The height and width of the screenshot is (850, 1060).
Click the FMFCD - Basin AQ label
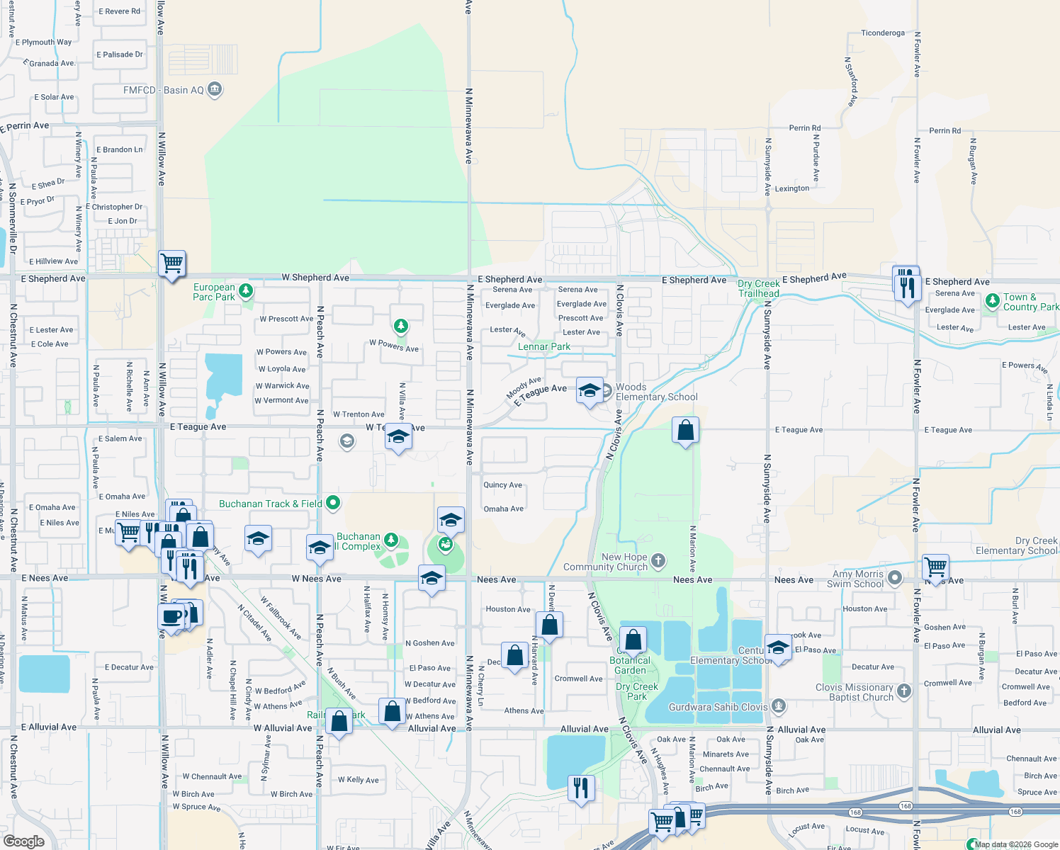pos(164,90)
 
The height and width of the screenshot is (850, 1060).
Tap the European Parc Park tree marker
pos(246,290)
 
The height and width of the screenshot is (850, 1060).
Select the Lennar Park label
pos(543,346)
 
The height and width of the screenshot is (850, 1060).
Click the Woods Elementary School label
pos(656,392)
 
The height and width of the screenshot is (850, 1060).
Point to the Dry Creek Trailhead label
pos(758,288)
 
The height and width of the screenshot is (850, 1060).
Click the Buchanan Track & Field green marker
pos(332,504)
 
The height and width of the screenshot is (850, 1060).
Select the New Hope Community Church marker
pos(658,562)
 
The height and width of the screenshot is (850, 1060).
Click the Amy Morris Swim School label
pos(857,579)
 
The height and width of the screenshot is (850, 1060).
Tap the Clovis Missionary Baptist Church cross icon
pos(903,691)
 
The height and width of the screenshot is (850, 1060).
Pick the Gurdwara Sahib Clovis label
pos(718,707)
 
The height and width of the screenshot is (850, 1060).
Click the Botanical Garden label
pos(630,665)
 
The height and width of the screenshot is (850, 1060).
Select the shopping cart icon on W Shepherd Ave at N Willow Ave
pos(172,264)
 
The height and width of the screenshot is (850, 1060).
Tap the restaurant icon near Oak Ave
pos(580,787)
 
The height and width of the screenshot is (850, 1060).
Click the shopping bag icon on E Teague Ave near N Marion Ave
pos(685,430)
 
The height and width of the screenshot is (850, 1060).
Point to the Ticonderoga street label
pos(882,33)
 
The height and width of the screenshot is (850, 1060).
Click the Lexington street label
pos(791,188)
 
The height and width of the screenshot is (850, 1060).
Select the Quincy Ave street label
pos(502,485)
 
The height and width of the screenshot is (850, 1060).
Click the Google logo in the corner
pos(24,841)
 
